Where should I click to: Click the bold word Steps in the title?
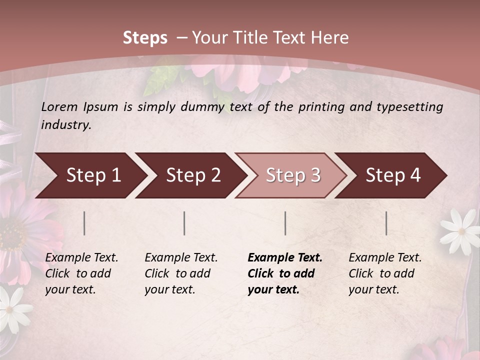coord(145,38)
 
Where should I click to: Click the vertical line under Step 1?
coord(84,223)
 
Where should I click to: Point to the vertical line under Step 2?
coord(184,223)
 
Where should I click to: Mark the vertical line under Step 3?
coord(285,223)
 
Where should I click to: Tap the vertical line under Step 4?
coord(386,223)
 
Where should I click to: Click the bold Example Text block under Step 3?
coord(285,273)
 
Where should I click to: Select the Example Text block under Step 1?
coord(81,273)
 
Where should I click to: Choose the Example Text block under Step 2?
coord(181,273)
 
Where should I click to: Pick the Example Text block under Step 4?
coord(385,273)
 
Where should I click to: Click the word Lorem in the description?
coord(59,106)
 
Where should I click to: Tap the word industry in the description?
coord(65,125)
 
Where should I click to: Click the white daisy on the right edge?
coord(460,230)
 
